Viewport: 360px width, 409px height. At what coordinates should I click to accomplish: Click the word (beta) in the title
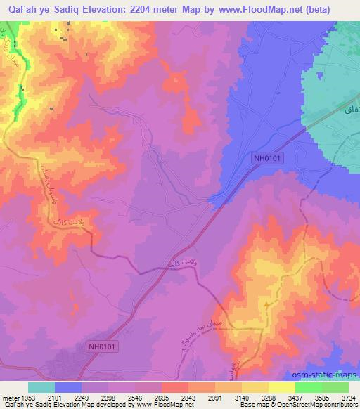pyautogui.click(x=333, y=8)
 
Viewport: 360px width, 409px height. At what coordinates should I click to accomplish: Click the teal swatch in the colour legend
pyautogui.click(x=41, y=387)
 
